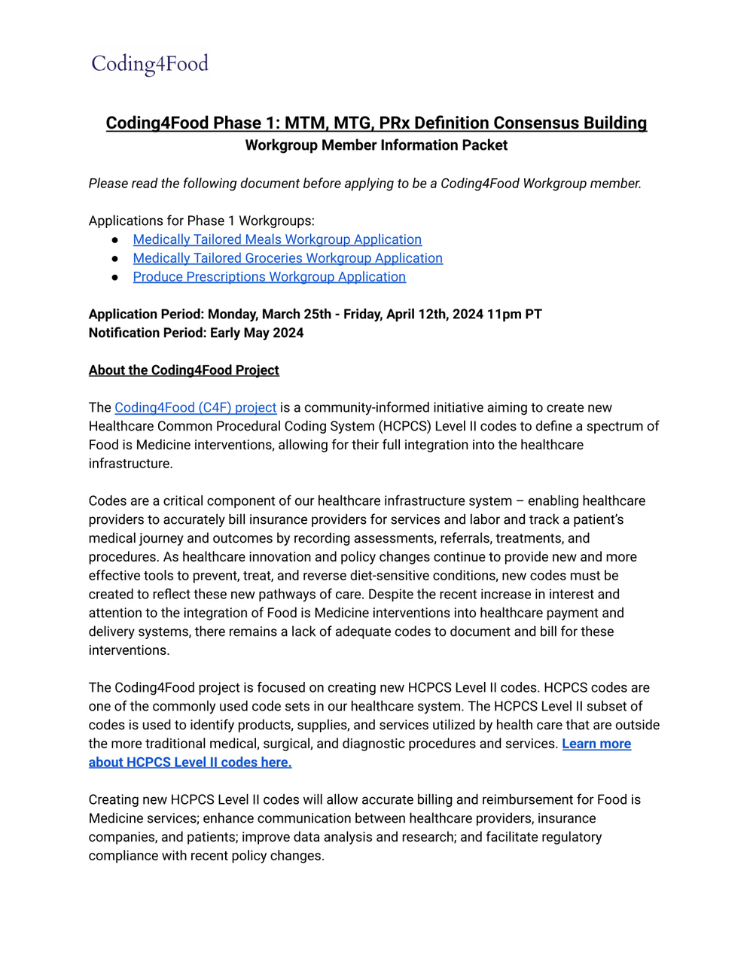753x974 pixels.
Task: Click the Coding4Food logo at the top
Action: point(150,64)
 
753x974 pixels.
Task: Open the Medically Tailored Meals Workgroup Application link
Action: point(277,239)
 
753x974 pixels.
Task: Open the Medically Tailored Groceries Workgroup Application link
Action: point(288,258)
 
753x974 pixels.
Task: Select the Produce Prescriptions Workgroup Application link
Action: point(269,277)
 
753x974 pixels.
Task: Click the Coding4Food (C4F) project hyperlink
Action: point(195,407)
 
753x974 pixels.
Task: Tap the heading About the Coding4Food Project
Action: point(184,370)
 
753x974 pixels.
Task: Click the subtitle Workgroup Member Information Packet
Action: point(376,145)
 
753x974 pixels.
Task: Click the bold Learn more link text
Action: point(596,744)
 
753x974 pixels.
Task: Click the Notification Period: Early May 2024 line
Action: point(196,333)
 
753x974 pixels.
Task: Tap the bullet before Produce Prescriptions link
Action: point(115,277)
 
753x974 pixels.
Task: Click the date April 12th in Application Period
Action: point(421,314)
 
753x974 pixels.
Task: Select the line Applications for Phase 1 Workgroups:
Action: point(201,221)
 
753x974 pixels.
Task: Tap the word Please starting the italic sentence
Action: point(108,184)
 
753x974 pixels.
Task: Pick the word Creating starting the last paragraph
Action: point(113,799)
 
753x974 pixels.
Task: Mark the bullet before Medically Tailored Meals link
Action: point(115,239)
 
